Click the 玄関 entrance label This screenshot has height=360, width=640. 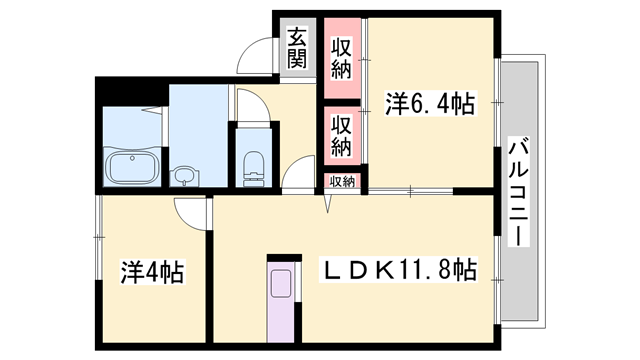point(297,47)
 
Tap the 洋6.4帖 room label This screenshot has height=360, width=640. point(429,102)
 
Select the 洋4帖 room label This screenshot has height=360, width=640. point(150,271)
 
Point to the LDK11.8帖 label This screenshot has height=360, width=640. point(397,270)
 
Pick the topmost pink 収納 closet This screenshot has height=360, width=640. point(342,56)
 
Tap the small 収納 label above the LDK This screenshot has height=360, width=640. point(342,181)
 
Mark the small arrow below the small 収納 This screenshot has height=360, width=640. point(327,203)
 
